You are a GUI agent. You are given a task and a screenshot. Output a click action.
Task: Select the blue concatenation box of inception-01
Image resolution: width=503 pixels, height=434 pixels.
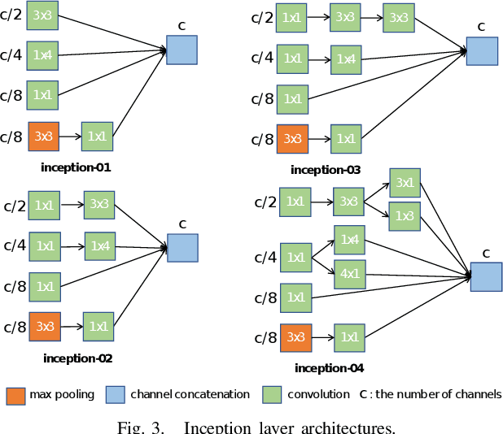(182, 50)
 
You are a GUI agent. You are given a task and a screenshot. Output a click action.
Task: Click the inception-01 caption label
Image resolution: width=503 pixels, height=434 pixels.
(76, 168)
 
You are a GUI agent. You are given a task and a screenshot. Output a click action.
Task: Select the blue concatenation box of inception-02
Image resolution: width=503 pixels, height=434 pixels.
(182, 248)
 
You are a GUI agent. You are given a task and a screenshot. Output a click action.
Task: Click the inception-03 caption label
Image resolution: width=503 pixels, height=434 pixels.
(326, 170)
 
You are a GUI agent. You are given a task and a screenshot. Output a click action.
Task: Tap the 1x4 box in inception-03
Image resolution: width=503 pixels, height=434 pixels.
(346, 59)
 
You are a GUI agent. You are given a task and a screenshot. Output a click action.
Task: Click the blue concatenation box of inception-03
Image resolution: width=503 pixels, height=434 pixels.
(482, 50)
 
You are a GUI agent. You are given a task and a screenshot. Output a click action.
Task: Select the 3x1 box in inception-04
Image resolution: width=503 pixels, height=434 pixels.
(405, 183)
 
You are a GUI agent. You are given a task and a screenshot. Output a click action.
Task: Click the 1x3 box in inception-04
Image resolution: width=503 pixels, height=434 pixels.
(405, 215)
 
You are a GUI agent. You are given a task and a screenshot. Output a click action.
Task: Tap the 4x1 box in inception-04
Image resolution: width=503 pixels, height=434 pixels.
(350, 273)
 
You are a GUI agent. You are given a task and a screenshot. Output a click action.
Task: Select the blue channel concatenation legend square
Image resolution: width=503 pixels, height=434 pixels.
(115, 395)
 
